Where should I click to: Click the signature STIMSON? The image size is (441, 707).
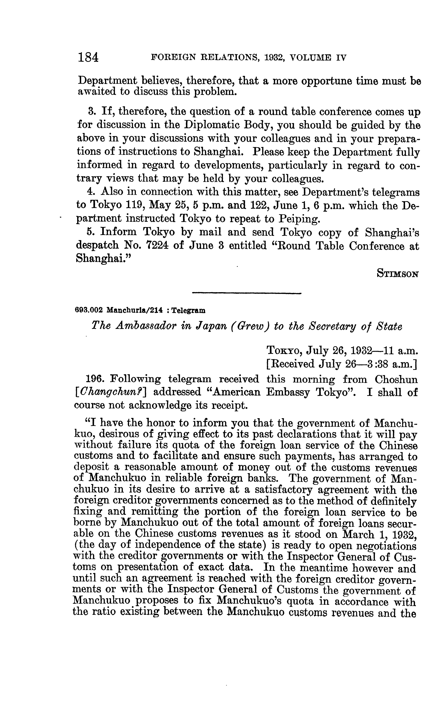[x=398, y=274]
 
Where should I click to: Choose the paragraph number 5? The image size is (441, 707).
[x=91, y=232]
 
